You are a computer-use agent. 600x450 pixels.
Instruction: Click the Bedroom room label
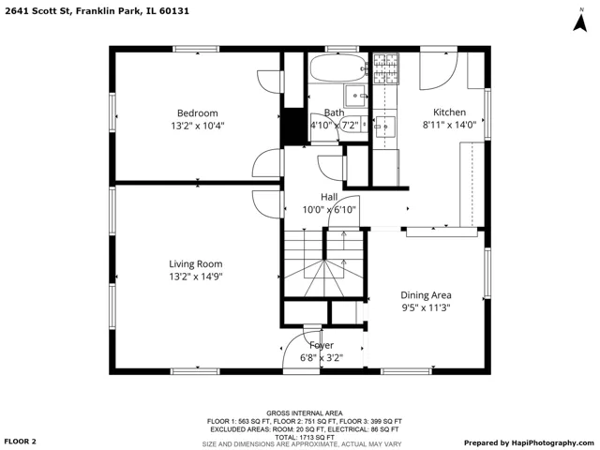coord(198,113)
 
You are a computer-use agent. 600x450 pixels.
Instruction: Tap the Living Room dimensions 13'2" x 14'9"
coord(196,277)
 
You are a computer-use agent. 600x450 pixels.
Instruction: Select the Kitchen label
coord(449,112)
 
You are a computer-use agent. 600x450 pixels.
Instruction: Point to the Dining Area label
coord(426,295)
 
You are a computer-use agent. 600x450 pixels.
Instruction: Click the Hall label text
coord(329,197)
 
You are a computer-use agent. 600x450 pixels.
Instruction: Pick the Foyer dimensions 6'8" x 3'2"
coord(322,358)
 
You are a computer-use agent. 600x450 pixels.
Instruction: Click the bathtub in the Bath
coord(338,67)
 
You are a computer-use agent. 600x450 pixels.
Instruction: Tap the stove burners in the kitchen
coord(385,68)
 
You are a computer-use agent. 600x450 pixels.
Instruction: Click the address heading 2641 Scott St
coord(37,10)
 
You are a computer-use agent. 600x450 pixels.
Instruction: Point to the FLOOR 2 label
coord(21,442)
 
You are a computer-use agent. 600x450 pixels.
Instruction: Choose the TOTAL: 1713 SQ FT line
coord(304,437)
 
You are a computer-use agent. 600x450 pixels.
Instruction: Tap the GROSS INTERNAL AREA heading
coord(305,413)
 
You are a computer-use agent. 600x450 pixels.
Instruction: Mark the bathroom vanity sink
coord(356,96)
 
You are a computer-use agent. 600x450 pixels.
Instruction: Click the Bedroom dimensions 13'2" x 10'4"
coord(198,126)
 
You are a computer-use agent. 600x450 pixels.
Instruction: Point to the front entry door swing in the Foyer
coord(302,352)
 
